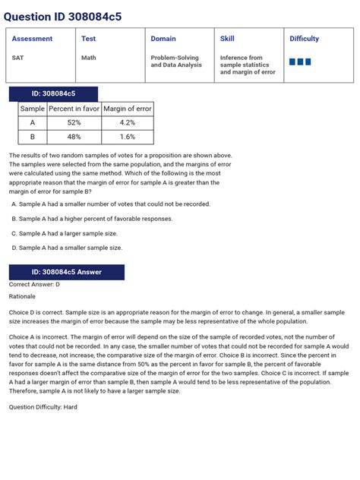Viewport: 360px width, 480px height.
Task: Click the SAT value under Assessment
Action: (x=17, y=58)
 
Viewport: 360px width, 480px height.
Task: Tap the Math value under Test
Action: (x=89, y=58)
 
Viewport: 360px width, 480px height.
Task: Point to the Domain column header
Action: (x=163, y=39)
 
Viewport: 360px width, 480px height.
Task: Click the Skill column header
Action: (x=227, y=39)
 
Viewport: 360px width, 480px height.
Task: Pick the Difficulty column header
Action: (x=304, y=39)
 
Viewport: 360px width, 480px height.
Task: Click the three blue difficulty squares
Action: (x=300, y=62)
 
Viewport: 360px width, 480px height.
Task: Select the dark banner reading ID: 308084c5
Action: (x=53, y=93)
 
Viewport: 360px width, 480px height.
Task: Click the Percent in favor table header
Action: (x=74, y=109)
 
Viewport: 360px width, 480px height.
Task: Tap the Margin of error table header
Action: (x=128, y=109)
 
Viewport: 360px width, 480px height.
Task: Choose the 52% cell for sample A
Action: (x=74, y=122)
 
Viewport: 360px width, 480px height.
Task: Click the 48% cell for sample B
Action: (x=74, y=137)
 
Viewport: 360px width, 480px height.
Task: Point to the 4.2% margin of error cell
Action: (x=128, y=122)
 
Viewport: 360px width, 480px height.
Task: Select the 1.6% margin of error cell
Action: (x=128, y=137)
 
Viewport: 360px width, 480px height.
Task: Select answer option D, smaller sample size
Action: (x=70, y=248)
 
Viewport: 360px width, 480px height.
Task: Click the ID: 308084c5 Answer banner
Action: (x=66, y=272)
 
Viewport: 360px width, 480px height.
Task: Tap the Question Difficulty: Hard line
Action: (x=43, y=407)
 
